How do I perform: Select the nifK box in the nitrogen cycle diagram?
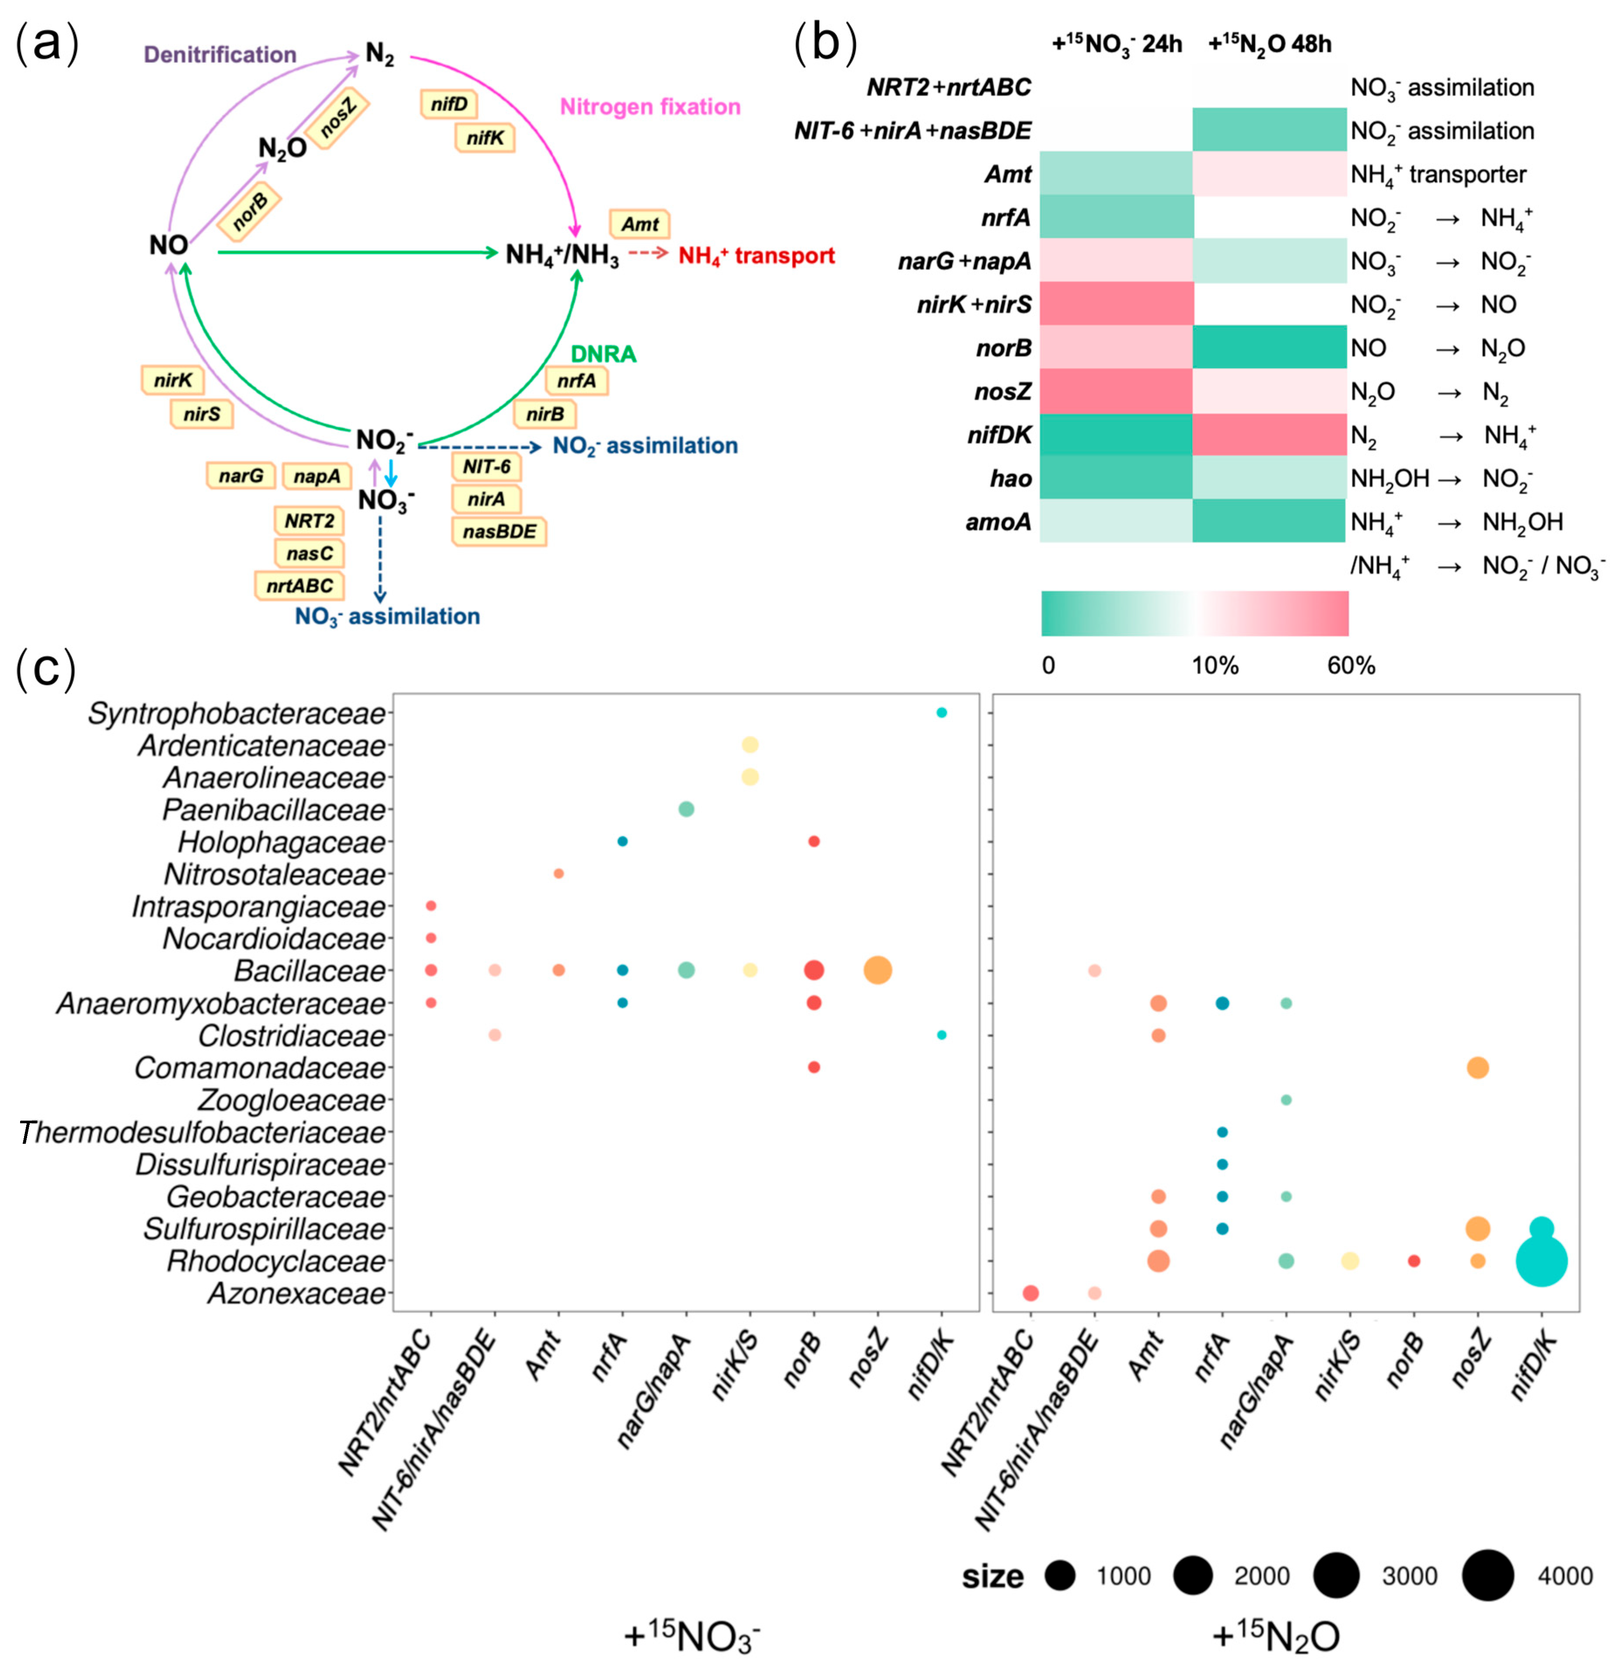(485, 138)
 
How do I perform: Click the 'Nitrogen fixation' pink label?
(650, 107)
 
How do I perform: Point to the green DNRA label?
(603, 354)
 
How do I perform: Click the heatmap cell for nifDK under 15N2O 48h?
(1269, 435)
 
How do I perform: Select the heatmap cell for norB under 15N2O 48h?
(1269, 348)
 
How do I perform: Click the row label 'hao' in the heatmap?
(1011, 478)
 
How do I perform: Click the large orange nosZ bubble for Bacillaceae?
(877, 970)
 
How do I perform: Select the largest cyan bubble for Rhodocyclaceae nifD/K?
(1541, 1261)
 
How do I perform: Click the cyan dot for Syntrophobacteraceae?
(942, 712)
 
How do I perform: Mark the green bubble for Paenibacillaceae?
(686, 808)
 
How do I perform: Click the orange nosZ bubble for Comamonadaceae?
(1477, 1067)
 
